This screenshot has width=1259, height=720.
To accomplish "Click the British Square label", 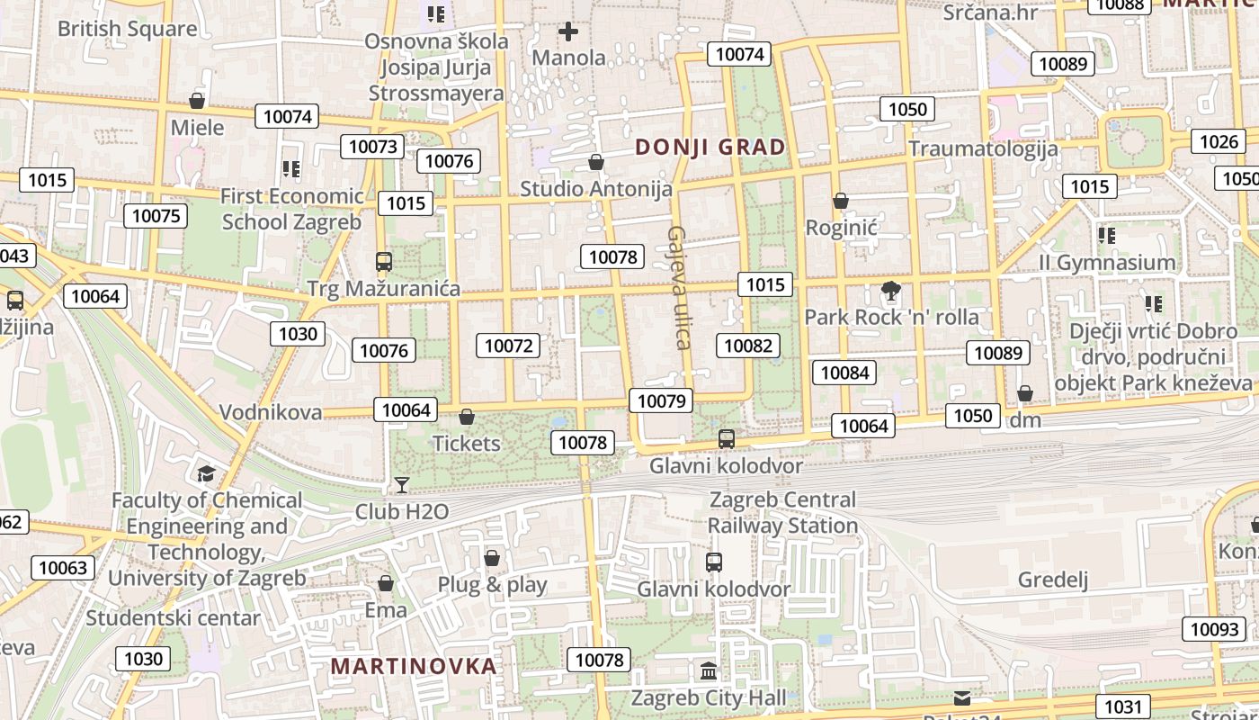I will point(127,29).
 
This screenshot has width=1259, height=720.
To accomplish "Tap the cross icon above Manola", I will point(568,32).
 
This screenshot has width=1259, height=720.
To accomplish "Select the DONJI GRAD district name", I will point(710,147).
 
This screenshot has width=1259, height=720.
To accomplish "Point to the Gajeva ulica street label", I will point(678,287).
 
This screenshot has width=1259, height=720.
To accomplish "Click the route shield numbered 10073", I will point(372,147).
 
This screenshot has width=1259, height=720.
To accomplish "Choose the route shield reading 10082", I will point(748,346).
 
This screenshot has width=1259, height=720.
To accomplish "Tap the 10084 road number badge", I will point(844,373).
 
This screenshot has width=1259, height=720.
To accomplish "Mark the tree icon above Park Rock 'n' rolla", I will point(891,291).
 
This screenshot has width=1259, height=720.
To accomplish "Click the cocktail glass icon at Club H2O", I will point(402,485).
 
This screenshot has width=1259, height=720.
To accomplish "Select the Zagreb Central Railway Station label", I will point(782,512).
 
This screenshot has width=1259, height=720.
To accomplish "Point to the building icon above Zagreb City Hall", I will point(709,671).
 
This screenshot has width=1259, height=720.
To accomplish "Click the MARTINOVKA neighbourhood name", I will point(414,666).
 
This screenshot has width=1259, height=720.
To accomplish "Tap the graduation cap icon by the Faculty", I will point(206,473).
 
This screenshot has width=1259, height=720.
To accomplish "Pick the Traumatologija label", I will point(983,148).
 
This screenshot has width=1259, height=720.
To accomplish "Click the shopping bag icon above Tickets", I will point(466,417).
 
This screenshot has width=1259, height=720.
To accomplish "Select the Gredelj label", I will point(1053,579).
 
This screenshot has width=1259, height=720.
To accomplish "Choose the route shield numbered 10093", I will point(1214,629).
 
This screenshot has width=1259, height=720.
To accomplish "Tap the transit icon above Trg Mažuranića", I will point(384,262).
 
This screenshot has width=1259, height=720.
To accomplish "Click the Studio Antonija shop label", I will point(596,189).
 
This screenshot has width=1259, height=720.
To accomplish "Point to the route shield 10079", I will point(662,401).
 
